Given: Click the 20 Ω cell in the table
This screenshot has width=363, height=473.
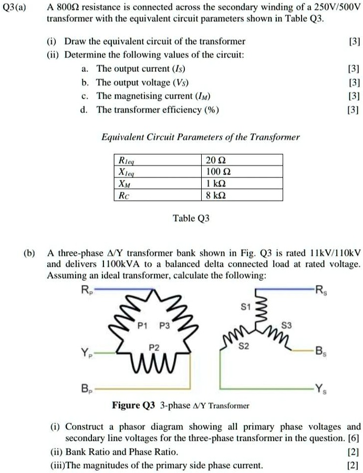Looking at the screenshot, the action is (217, 160).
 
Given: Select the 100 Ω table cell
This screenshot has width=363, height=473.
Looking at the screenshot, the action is (217, 172).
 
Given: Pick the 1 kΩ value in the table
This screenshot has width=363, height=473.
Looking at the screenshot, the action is (217, 184).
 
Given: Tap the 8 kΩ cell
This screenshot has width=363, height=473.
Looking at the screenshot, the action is (217, 195).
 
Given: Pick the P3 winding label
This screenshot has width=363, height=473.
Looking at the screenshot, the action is (164, 325).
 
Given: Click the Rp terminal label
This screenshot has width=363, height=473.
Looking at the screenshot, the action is (86, 289).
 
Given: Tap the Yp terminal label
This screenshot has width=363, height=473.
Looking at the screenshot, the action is (86, 353).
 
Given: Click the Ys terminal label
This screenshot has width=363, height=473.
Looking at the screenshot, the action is (321, 389).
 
